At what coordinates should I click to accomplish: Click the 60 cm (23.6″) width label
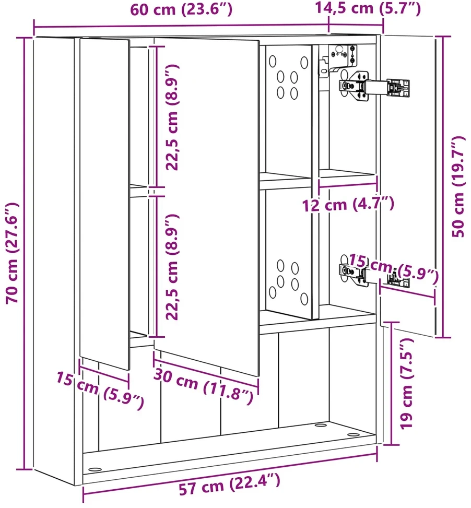[181, 10]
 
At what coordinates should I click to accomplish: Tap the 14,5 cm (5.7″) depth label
[368, 8]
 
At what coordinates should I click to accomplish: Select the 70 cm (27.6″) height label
[13, 253]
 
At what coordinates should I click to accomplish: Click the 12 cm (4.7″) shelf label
[348, 205]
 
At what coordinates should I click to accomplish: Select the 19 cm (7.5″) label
[407, 384]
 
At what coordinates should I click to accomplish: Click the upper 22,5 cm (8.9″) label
[172, 117]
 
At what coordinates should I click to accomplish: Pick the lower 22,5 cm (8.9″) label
[172, 267]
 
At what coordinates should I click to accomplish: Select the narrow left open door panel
[104, 204]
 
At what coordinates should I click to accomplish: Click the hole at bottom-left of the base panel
[95, 469]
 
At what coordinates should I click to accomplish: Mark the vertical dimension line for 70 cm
[25, 253]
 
